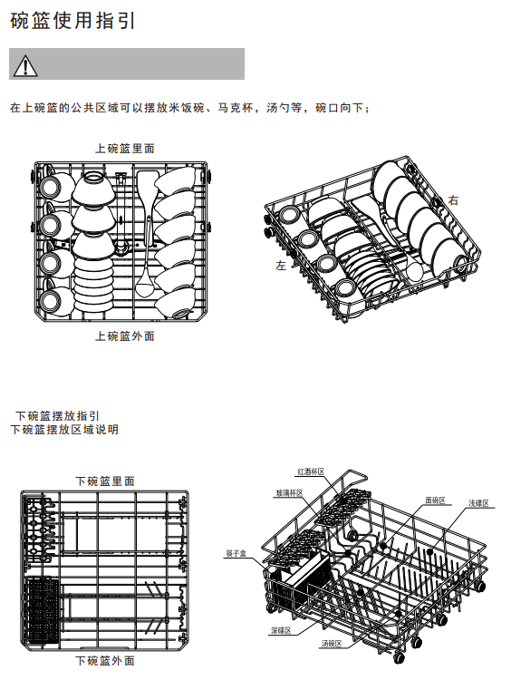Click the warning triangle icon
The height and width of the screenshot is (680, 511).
point(25,65)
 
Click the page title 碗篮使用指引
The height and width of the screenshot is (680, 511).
point(72,21)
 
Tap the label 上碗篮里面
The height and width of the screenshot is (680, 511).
point(125,149)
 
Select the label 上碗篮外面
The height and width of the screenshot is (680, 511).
point(125,336)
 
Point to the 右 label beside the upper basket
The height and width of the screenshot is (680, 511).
point(453,200)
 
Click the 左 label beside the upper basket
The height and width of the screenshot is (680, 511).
point(281,266)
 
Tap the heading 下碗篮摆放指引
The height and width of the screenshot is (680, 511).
point(58,416)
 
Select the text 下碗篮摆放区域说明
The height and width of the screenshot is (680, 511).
point(64,430)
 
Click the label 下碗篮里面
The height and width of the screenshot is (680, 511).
point(105,481)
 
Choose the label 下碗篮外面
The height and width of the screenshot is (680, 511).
point(105,661)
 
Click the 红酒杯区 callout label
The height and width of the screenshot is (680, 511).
point(311,471)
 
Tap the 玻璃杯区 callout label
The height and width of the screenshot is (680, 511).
point(289,493)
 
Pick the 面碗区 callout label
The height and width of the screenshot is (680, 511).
point(435,500)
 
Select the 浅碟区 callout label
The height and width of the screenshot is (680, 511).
point(478,503)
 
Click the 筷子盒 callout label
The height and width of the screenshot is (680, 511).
point(236,553)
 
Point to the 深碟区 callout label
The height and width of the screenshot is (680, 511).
point(281,630)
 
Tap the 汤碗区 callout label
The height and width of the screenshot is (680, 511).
point(331,644)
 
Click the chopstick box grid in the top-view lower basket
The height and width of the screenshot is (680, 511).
point(43,611)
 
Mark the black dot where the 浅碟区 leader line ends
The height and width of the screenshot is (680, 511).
point(429,551)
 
